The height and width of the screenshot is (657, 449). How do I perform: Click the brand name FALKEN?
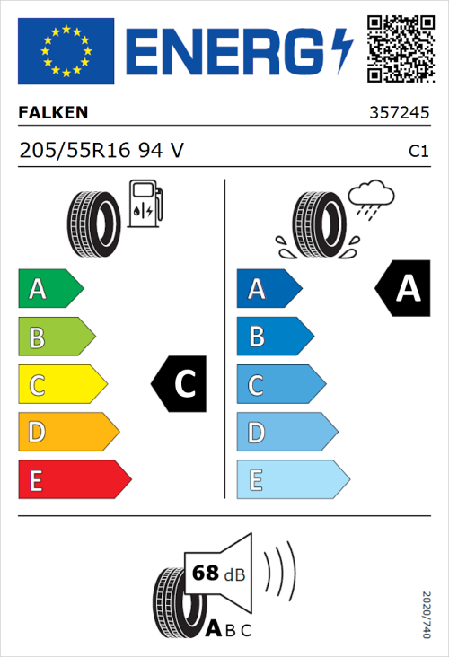coord(53,113)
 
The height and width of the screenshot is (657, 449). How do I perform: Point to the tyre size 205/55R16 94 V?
coord(101,151)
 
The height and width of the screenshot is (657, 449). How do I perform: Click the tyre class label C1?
coord(418,152)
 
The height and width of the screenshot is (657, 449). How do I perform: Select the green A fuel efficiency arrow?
coord(49,289)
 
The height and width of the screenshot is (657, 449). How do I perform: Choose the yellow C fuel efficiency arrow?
coord(61,386)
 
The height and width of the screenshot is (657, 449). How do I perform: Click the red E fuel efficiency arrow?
coord(74,481)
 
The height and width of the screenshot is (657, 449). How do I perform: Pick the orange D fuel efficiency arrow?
coord(67,434)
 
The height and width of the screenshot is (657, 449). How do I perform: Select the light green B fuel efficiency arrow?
coord(56,337)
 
